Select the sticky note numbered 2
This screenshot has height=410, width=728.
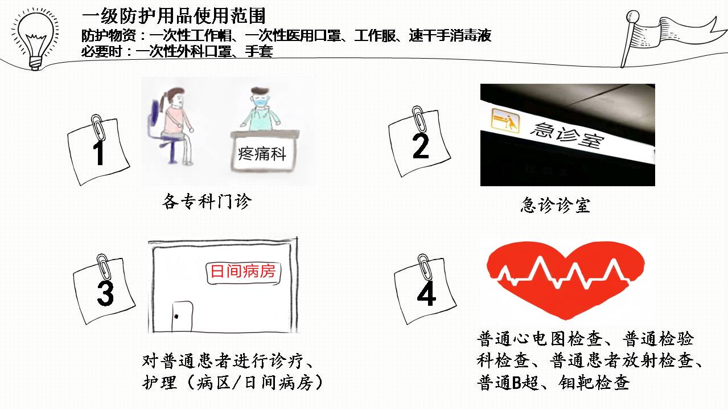419,143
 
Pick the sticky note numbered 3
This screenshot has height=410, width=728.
104,290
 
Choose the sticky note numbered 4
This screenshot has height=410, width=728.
425,290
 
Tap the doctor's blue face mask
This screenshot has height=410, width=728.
261,102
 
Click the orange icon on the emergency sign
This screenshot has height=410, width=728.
505,121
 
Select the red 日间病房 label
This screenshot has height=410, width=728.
244,271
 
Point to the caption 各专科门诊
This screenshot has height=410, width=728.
207,202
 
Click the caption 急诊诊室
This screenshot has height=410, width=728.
556,205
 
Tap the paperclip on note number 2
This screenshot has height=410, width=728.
418,118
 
